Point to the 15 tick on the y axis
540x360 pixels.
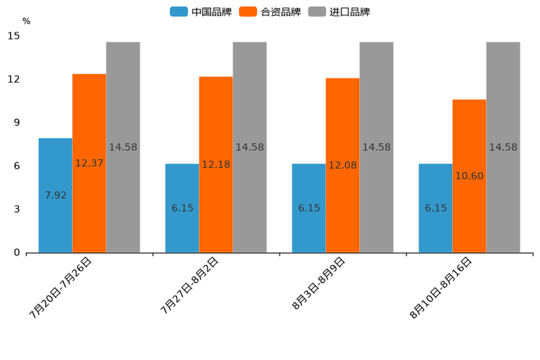click(14, 36)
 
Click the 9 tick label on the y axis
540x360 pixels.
click(17, 123)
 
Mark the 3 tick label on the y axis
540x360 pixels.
click(17, 209)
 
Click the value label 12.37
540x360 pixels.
click(89, 163)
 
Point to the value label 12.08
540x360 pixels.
click(343, 165)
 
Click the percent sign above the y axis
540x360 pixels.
click(26, 21)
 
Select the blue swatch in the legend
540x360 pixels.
click(179, 12)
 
